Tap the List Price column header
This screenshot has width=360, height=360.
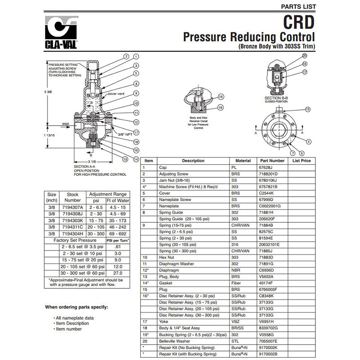tap(301, 160)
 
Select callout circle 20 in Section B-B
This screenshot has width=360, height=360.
tap(304, 56)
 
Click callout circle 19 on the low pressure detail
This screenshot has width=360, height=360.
tap(220, 108)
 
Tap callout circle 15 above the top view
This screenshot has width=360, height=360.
tap(307, 109)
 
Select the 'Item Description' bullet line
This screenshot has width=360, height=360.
tap(72, 324)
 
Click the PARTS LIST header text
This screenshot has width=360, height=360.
tap(298, 6)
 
